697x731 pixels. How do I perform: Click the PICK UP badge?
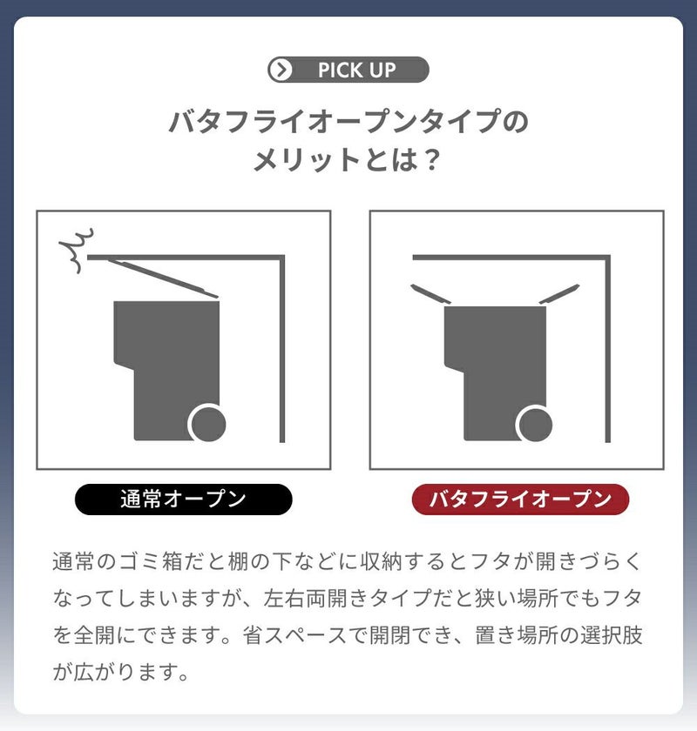pyautogui.click(x=348, y=70)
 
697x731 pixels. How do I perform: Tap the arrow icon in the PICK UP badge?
pyautogui.click(x=281, y=70)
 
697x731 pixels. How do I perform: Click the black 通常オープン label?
pyautogui.click(x=184, y=500)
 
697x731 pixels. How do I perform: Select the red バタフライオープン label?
pyautogui.click(x=520, y=500)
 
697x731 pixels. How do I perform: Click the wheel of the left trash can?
pyautogui.click(x=207, y=423)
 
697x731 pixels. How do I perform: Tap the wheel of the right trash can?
pyautogui.click(x=535, y=423)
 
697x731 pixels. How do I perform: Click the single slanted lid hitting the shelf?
pyautogui.click(x=164, y=278)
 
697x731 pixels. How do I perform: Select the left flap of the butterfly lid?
pyautogui.click(x=430, y=294)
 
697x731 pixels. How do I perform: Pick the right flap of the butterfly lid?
pyautogui.click(x=559, y=294)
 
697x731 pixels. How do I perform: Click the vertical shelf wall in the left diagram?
pyautogui.click(x=282, y=349)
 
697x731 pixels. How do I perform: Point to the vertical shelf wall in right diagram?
pyautogui.click(x=608, y=349)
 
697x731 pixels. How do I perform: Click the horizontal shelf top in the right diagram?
pyautogui.click(x=511, y=258)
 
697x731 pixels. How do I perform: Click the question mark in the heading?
pyautogui.click(x=433, y=159)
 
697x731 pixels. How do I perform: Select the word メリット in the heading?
pyautogui.click(x=307, y=159)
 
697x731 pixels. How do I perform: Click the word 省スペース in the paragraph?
pyautogui.click(x=295, y=635)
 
